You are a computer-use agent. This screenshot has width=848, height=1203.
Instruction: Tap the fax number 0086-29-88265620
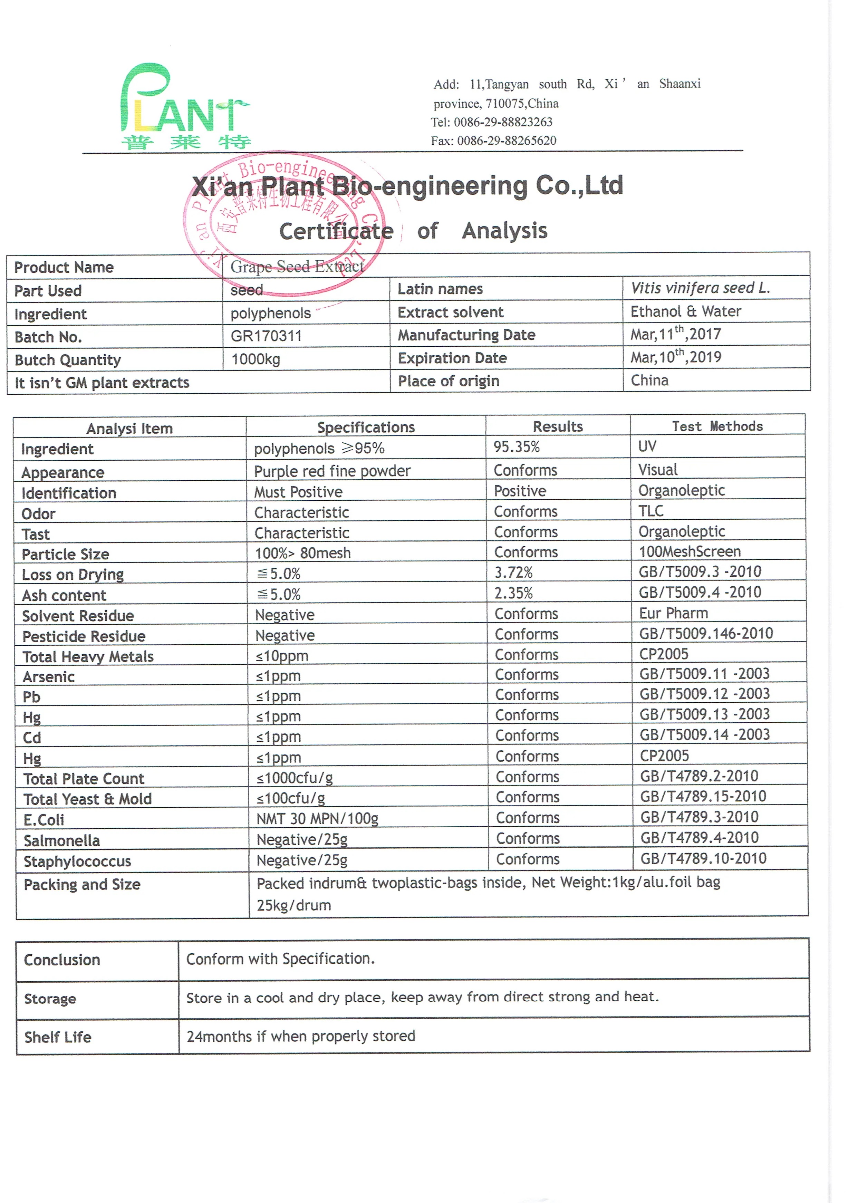click(507, 141)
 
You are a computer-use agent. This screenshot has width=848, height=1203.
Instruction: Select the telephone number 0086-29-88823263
click(503, 122)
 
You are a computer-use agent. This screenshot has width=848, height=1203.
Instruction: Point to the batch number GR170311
click(266, 336)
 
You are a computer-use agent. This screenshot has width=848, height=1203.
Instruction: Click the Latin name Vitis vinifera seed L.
click(700, 288)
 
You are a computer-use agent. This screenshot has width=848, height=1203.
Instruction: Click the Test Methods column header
click(717, 426)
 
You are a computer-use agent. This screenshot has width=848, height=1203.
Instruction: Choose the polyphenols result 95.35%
click(517, 447)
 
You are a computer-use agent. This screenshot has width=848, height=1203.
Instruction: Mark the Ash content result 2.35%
click(513, 593)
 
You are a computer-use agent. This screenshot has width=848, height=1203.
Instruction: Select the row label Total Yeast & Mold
click(87, 799)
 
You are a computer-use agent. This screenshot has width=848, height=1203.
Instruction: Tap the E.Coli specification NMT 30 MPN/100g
click(317, 818)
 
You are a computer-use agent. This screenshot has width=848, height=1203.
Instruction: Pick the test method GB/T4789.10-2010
click(703, 858)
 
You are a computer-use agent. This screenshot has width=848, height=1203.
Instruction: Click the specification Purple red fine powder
click(332, 471)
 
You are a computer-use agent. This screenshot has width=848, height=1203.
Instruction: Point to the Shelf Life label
click(58, 1037)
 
